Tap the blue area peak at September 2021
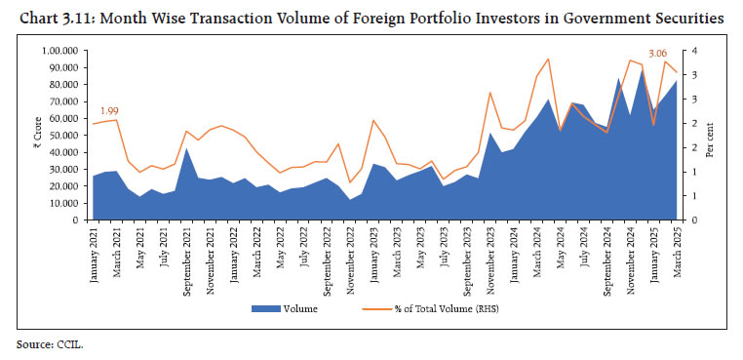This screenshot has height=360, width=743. [186, 148]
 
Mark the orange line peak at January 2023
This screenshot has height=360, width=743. [373, 120]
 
